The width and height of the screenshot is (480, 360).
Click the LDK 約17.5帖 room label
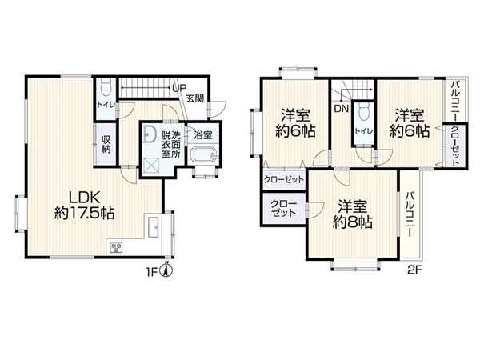85,205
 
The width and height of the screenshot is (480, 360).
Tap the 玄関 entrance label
195,98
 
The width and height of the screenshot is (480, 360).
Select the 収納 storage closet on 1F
106,144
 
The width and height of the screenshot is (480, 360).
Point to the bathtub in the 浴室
204,154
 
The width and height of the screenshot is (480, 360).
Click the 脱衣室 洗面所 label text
171,144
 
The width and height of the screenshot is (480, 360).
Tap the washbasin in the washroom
149,134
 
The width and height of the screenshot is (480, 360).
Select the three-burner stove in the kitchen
116,247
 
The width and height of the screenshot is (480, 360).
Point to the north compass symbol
167,270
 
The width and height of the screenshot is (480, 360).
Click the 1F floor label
152,272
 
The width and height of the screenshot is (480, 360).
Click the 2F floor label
414,270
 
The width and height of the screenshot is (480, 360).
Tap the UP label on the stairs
179,88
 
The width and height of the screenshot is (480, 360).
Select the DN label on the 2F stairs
342,108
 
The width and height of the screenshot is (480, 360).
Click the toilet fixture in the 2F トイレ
364,111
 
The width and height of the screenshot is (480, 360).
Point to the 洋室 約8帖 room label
352,214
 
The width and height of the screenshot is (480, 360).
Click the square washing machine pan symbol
152,166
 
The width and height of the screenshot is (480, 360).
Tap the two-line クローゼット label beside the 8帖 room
284,208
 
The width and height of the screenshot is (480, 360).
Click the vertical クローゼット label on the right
455,146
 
